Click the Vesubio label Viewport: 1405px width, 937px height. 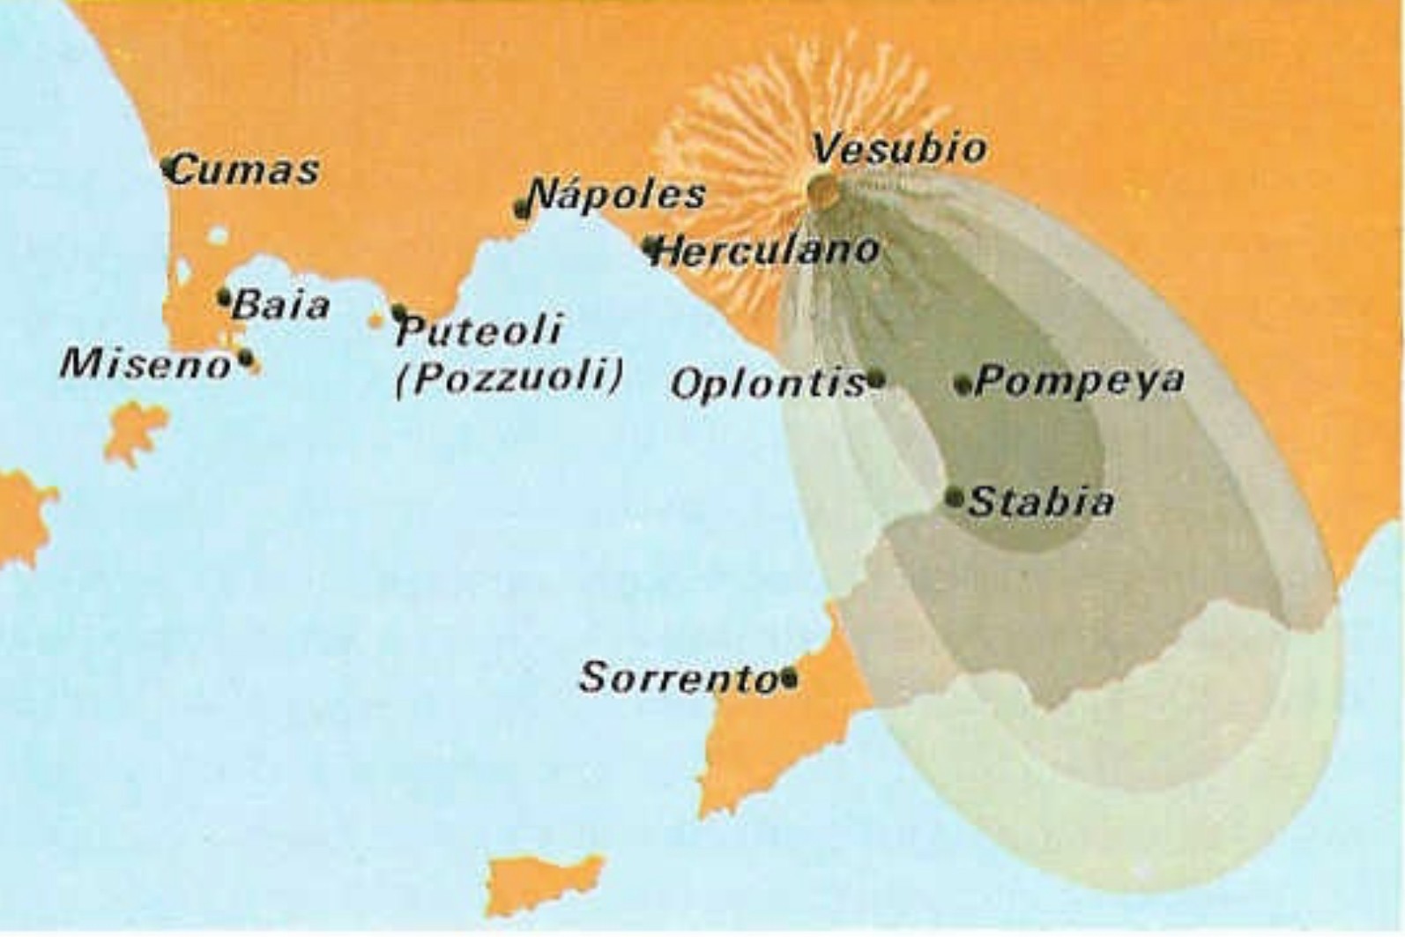(897, 148)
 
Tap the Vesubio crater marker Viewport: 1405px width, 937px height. (821, 187)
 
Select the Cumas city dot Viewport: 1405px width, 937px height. (168, 166)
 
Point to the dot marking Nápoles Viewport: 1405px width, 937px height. (523, 209)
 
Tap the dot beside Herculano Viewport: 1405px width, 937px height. (651, 246)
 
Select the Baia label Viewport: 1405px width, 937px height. (281, 305)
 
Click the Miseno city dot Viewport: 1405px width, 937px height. (246, 359)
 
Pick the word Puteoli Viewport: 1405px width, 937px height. (479, 331)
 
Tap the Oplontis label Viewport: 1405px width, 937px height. (767, 384)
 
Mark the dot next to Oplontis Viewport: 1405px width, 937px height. (875, 380)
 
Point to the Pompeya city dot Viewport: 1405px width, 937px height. (963, 385)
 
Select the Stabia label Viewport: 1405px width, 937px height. (1041, 502)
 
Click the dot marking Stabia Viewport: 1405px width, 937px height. (955, 497)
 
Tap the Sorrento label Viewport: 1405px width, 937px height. (679, 678)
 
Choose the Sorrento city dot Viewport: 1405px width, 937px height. (789, 679)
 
